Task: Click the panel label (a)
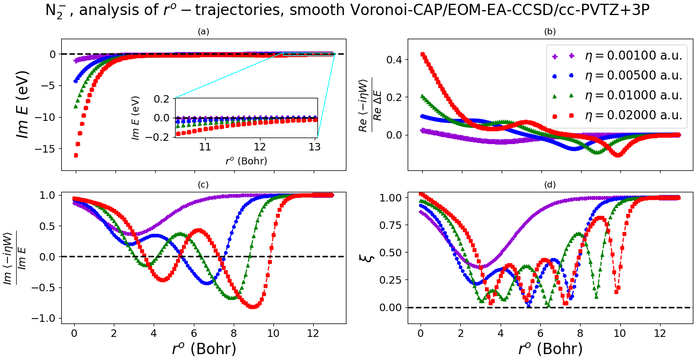(x=203, y=32)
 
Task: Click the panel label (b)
(x=550, y=32)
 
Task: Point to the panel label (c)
(x=203, y=185)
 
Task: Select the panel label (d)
(x=550, y=185)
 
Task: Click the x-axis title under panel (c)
(x=204, y=349)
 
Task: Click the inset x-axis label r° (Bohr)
(x=245, y=160)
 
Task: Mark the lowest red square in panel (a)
(x=76, y=155)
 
